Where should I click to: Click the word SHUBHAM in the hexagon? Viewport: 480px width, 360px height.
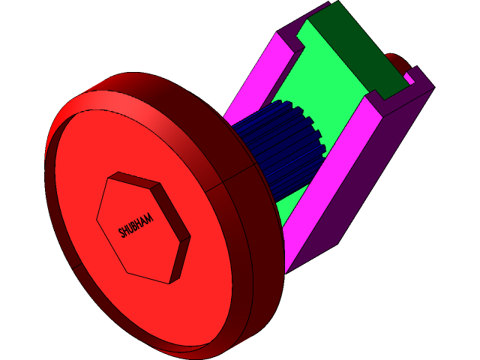coord(136,226)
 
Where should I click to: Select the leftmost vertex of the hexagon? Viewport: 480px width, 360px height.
coord(97,220)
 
